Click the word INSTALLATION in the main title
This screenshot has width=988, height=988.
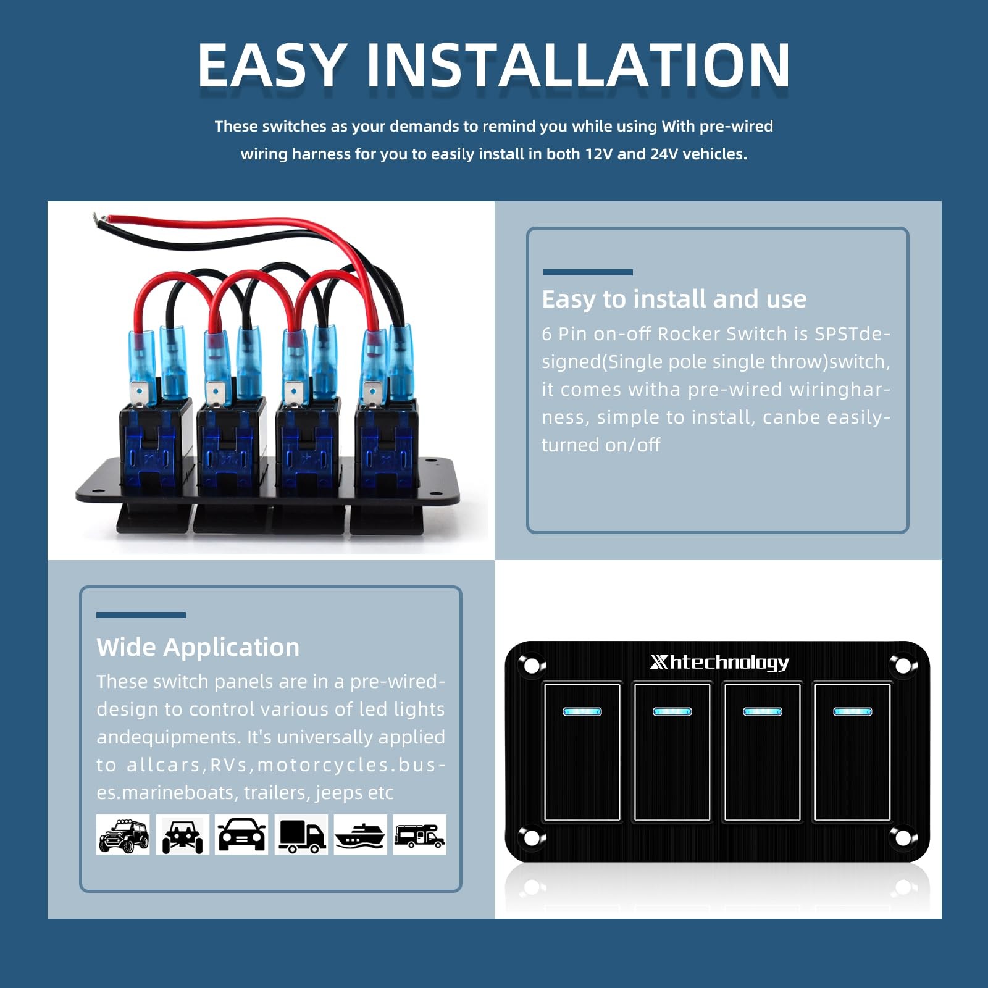(x=579, y=65)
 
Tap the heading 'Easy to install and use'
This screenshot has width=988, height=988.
(x=674, y=299)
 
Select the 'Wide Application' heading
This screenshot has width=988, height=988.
(x=198, y=647)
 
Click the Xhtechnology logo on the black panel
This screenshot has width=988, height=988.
(x=719, y=663)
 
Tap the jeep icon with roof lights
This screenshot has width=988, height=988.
(x=123, y=835)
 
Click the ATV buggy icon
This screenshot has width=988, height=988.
(x=182, y=835)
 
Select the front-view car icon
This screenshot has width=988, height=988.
(x=241, y=835)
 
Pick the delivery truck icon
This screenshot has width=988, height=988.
(x=301, y=835)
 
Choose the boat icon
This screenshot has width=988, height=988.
(x=361, y=835)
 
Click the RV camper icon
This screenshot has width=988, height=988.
(x=420, y=835)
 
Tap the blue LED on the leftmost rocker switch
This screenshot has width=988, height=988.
(x=582, y=711)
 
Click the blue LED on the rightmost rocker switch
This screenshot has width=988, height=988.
(x=852, y=711)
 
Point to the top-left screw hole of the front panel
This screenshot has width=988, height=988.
(x=531, y=666)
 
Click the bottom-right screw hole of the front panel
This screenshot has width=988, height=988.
(x=903, y=838)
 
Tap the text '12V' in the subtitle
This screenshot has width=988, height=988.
(x=598, y=154)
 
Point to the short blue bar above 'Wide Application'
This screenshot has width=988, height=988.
(x=141, y=615)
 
